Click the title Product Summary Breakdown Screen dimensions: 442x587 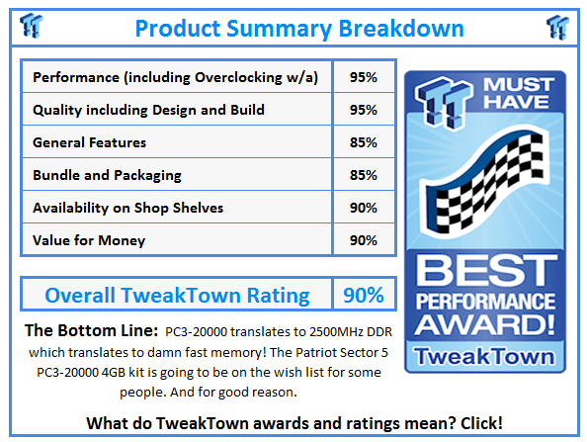pos(298,27)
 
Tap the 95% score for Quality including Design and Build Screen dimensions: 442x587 pos(363,110)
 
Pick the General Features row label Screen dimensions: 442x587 pos(89,142)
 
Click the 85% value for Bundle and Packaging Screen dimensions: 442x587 pos(363,175)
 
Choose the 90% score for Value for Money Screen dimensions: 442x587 pos(363,239)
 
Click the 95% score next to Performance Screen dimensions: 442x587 pos(363,77)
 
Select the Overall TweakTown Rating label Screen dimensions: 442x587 pos(177,295)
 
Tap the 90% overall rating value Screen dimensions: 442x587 pos(363,295)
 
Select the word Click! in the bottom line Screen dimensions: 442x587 pos(473,422)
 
